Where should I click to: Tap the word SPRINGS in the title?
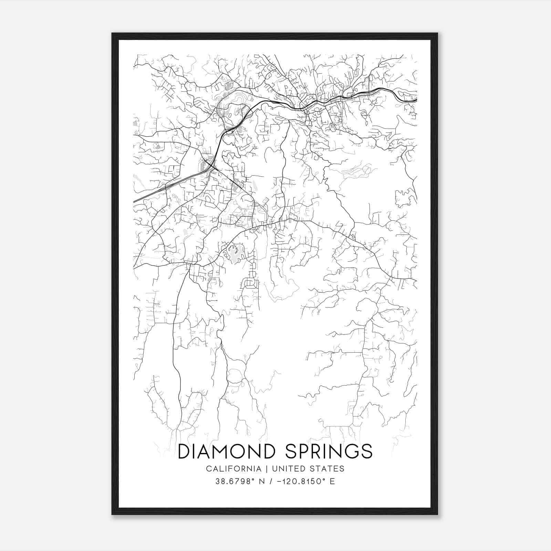[329, 451]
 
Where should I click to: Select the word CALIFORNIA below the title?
[233, 469]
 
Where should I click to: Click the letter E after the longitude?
[332, 481]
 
